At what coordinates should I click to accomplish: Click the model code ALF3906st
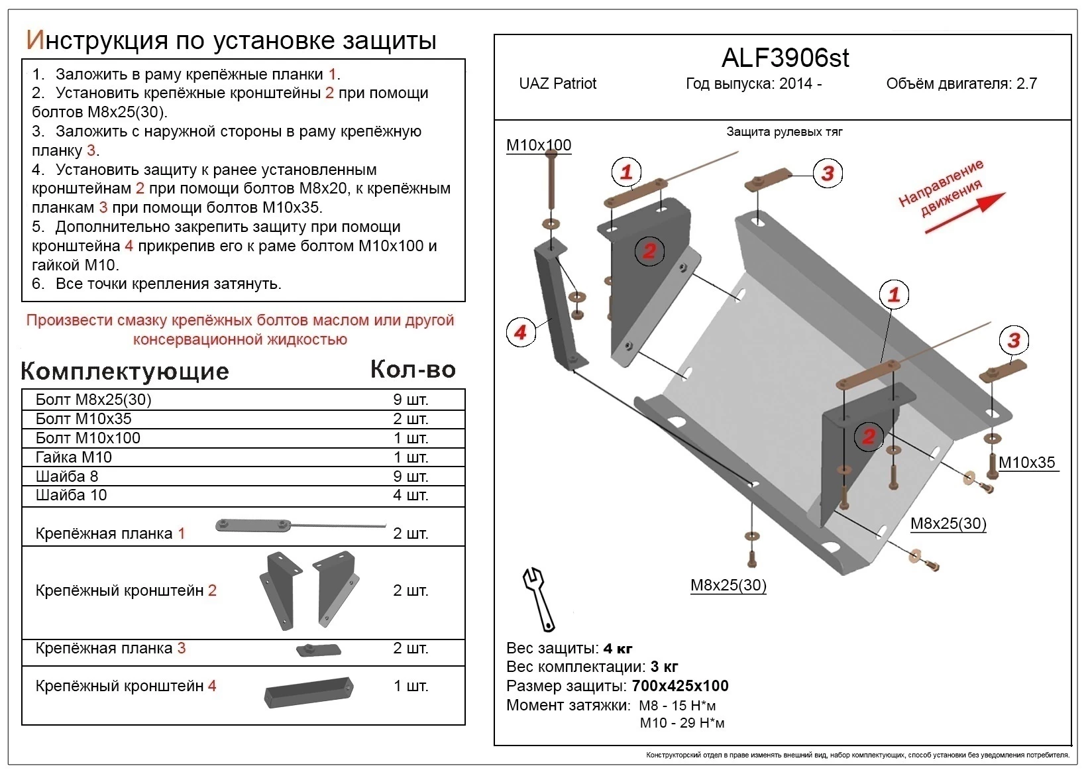(x=785, y=58)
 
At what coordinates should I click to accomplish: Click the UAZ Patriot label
(x=557, y=83)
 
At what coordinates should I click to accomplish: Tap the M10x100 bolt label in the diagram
(x=538, y=145)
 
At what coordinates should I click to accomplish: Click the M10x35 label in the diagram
(x=1026, y=463)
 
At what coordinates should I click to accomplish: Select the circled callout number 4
(x=520, y=332)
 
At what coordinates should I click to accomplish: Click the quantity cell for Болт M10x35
(x=410, y=419)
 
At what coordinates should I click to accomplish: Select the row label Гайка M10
(x=74, y=457)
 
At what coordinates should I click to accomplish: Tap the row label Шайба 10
(x=71, y=495)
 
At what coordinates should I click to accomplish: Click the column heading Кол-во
(x=412, y=370)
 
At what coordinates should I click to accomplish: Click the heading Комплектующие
(x=125, y=371)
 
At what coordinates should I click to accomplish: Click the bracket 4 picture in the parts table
(x=308, y=692)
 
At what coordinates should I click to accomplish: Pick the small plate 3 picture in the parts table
(x=318, y=649)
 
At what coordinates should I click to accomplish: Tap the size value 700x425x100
(x=680, y=686)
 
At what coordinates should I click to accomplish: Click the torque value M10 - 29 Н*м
(x=682, y=723)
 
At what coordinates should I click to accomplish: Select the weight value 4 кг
(x=618, y=648)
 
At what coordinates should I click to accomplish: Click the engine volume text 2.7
(x=1026, y=83)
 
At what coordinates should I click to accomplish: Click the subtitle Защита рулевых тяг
(x=784, y=132)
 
